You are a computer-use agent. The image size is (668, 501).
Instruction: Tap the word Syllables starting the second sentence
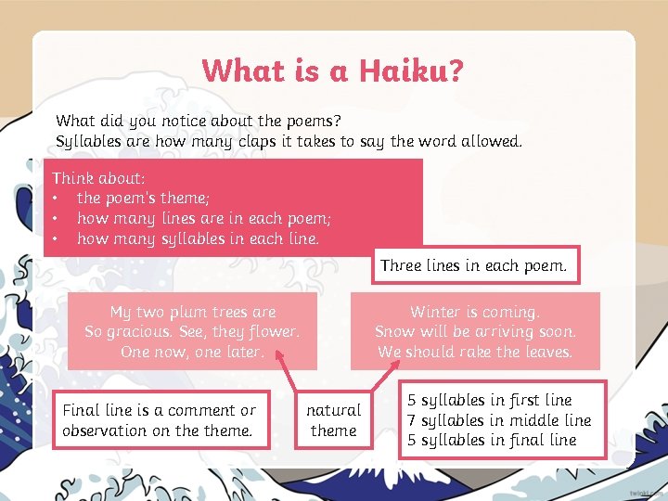point(86,142)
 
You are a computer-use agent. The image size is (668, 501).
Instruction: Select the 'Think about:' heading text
point(98,177)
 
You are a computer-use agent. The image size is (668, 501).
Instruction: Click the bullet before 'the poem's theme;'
point(57,198)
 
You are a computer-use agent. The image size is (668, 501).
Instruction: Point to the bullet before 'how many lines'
point(57,218)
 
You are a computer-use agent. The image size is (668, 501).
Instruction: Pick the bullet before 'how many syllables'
point(57,238)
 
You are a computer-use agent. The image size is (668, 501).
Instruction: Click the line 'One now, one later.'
point(192,352)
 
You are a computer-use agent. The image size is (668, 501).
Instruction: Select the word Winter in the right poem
point(434,312)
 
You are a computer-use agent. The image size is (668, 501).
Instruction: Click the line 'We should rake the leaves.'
point(475,352)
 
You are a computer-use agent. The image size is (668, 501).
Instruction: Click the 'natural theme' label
point(334,419)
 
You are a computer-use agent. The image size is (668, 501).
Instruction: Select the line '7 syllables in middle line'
point(499,420)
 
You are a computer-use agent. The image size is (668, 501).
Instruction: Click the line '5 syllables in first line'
point(490,400)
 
